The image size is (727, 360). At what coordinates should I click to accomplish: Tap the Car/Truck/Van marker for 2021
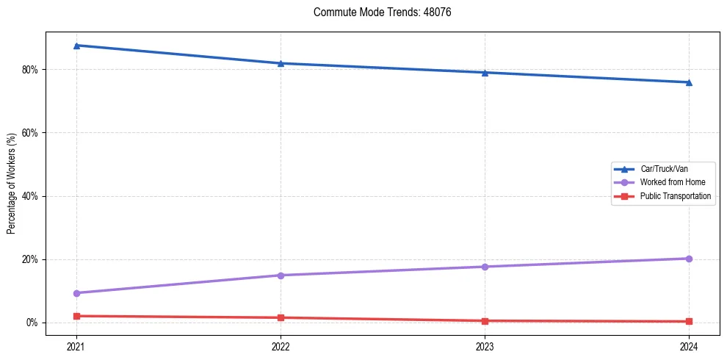(76, 46)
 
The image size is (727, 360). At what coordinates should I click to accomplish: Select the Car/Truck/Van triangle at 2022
(281, 63)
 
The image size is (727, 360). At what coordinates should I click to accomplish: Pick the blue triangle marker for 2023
(485, 73)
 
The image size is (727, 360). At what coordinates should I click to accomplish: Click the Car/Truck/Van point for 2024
(689, 82)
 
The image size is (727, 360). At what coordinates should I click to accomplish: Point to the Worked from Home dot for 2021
(76, 293)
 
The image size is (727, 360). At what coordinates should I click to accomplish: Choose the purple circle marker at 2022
(281, 276)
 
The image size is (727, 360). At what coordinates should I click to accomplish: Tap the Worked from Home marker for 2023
(485, 267)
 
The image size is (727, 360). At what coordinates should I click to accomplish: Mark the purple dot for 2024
(689, 259)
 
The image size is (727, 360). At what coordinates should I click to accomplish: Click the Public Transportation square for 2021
(76, 316)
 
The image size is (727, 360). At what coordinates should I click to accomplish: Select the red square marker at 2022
(281, 317)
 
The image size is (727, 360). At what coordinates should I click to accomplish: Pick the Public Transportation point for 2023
(485, 321)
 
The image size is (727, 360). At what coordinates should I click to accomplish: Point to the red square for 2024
(689, 321)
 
